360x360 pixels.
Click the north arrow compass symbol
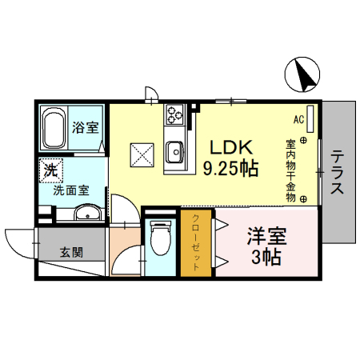302,74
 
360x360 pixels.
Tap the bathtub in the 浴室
54,128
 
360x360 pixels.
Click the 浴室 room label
86,127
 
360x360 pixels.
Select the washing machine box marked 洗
51,170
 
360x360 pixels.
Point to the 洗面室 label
71,190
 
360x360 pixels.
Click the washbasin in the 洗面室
87,213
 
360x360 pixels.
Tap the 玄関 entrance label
71,252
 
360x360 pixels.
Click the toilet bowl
160,238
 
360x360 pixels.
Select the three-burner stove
174,114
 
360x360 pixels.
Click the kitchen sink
174,152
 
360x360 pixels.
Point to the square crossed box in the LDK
142,155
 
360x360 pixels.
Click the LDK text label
231,147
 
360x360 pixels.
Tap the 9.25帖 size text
231,169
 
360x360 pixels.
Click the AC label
298,119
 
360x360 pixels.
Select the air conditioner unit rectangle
310,119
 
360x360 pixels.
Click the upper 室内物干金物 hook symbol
303,140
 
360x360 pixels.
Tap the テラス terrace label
337,172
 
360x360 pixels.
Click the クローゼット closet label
196,242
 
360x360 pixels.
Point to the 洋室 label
267,236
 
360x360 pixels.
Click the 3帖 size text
266,257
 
